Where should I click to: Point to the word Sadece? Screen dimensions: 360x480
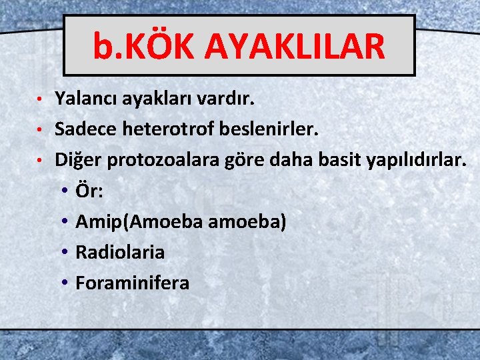pos(85,129)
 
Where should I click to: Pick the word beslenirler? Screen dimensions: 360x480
pos(275,129)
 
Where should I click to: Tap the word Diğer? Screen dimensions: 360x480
pos(75,160)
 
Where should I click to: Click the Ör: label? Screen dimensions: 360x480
pos(89,191)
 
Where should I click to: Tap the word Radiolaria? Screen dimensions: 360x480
pos(120,252)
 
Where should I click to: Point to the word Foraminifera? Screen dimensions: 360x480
pos(132,283)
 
